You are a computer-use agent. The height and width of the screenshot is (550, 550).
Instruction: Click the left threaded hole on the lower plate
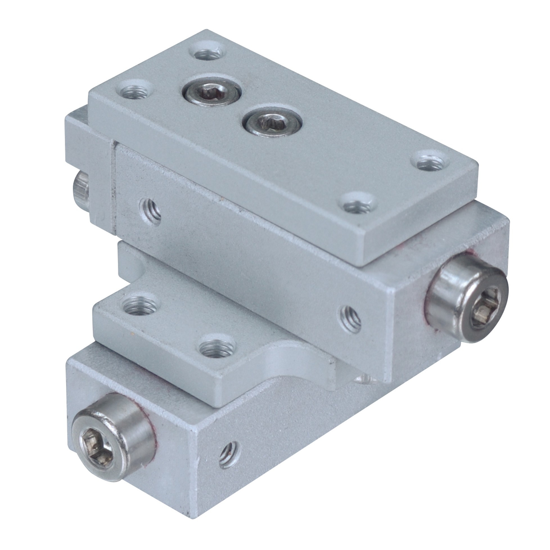point(138,306)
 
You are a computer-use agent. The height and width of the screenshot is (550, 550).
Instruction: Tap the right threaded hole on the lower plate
point(218,351)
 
